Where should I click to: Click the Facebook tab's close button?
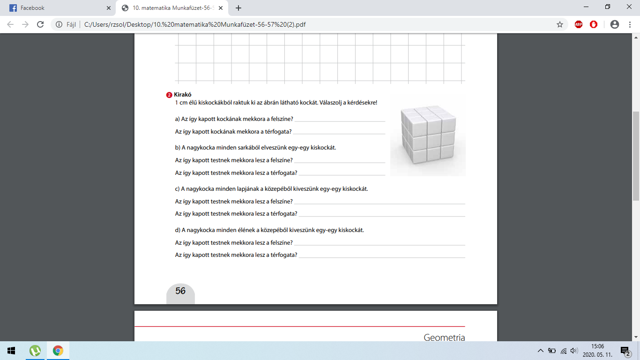pyautogui.click(x=109, y=8)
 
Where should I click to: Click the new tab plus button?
pyautogui.click(x=238, y=8)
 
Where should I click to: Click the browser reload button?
pyautogui.click(x=40, y=24)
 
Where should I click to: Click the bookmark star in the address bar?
pyautogui.click(x=560, y=24)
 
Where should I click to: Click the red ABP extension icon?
pyautogui.click(x=579, y=24)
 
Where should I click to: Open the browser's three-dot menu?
pyautogui.click(x=630, y=24)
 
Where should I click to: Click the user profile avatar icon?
pyautogui.click(x=615, y=24)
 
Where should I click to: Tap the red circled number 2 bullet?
pyautogui.click(x=169, y=95)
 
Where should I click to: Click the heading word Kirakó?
pyautogui.click(x=183, y=94)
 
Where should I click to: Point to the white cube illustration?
pyautogui.click(x=428, y=135)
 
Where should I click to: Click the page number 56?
pyautogui.click(x=180, y=291)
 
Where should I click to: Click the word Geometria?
pyautogui.click(x=444, y=337)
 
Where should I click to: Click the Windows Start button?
pyautogui.click(x=11, y=351)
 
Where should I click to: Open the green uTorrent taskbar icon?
pyautogui.click(x=35, y=351)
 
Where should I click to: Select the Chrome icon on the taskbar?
pyautogui.click(x=58, y=351)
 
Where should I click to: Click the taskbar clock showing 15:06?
pyautogui.click(x=597, y=346)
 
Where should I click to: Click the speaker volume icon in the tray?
pyautogui.click(x=574, y=351)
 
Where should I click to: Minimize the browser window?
pyautogui.click(x=586, y=7)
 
